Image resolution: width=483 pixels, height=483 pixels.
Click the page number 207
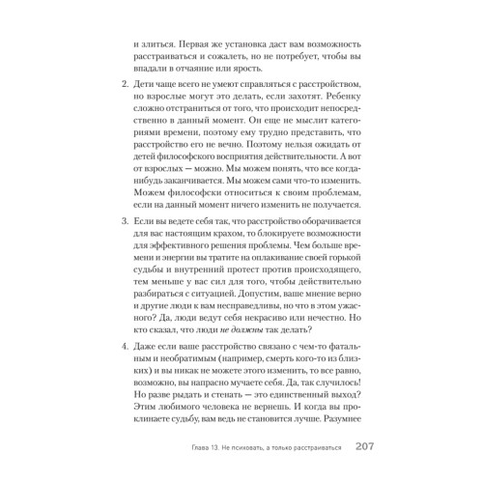click(345, 445)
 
